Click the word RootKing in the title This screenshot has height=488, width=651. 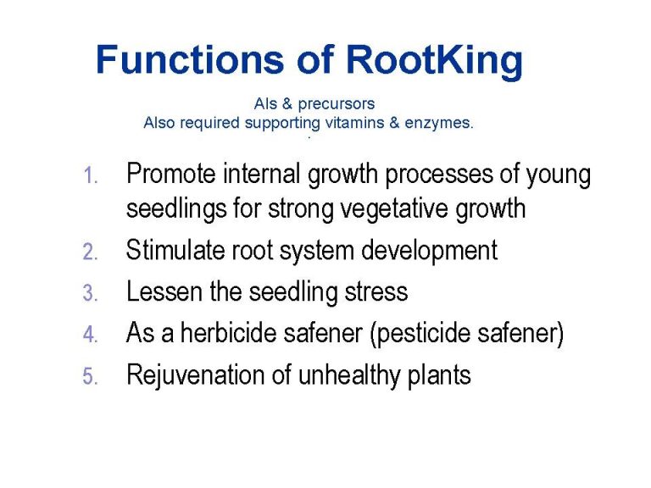[434, 61]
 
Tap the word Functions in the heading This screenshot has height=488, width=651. [190, 59]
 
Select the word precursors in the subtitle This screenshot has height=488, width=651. [337, 104]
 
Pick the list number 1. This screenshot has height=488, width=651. [91, 175]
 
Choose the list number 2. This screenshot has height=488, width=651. [91, 252]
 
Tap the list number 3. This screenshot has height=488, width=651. [91, 292]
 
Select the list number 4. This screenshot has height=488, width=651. [91, 334]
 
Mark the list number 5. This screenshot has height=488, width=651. [91, 375]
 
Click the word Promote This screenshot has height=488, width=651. [171, 173]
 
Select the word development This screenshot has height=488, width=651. [429, 252]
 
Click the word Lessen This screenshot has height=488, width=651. [164, 291]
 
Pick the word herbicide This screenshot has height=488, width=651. [228, 333]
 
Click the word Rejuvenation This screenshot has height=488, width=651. [196, 376]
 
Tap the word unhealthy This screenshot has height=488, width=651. [348, 376]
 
